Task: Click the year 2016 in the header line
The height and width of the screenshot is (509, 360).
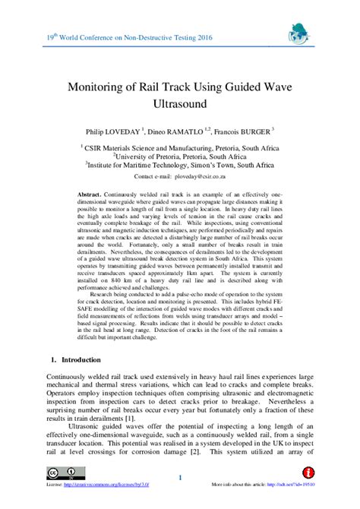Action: [201, 36]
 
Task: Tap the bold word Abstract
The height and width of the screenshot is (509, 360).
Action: [92, 194]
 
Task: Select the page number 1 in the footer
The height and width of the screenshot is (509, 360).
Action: [180, 477]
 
